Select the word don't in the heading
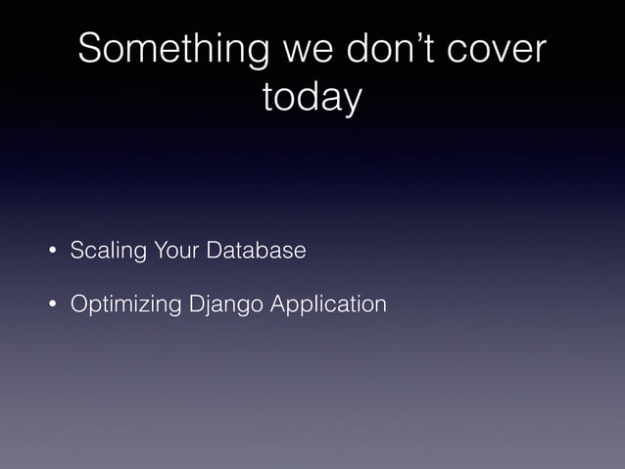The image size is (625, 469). click(385, 51)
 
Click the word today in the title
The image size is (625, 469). click(312, 98)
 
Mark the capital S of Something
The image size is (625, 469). click(90, 51)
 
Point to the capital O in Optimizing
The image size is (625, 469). click(78, 305)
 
